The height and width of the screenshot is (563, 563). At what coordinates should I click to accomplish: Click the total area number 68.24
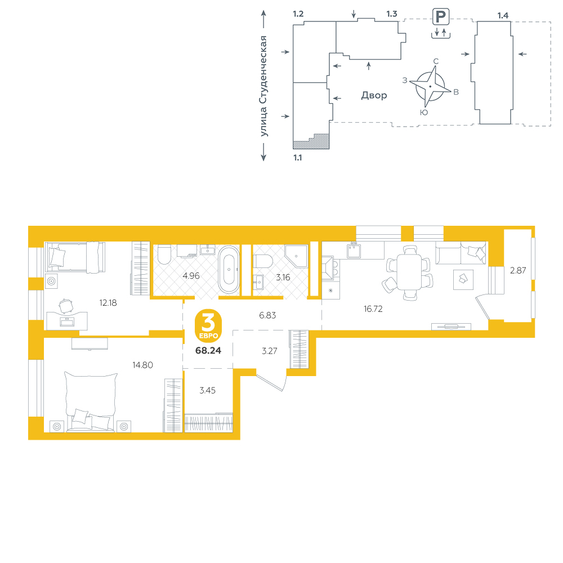coord(208,350)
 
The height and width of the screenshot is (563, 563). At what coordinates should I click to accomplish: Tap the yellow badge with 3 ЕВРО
coord(208,325)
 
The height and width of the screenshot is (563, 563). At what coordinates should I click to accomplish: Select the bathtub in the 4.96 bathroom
coord(229,270)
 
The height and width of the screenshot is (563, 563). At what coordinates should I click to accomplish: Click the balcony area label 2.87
coord(518,270)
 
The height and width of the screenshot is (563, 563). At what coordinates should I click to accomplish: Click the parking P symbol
coord(441,16)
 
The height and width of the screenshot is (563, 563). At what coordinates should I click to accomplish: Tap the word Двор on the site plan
coord(374,95)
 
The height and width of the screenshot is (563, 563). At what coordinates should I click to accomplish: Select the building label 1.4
coord(503,15)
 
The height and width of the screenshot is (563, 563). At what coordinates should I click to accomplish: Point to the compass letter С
coord(436,61)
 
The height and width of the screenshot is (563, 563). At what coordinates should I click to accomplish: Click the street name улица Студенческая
coord(264,86)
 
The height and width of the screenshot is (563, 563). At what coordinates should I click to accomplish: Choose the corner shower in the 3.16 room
coord(297,256)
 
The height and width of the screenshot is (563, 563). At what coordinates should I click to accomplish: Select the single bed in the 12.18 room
coord(75,257)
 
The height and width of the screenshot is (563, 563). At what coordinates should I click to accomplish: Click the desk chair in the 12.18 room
coord(66,306)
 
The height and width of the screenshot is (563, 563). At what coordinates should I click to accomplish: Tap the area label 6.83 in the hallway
coord(267,315)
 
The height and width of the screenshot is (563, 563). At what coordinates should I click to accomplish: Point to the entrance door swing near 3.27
coord(272,381)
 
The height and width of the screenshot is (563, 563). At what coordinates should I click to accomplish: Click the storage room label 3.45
coord(208,390)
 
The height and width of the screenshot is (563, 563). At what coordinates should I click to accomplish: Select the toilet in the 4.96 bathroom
coord(165,254)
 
